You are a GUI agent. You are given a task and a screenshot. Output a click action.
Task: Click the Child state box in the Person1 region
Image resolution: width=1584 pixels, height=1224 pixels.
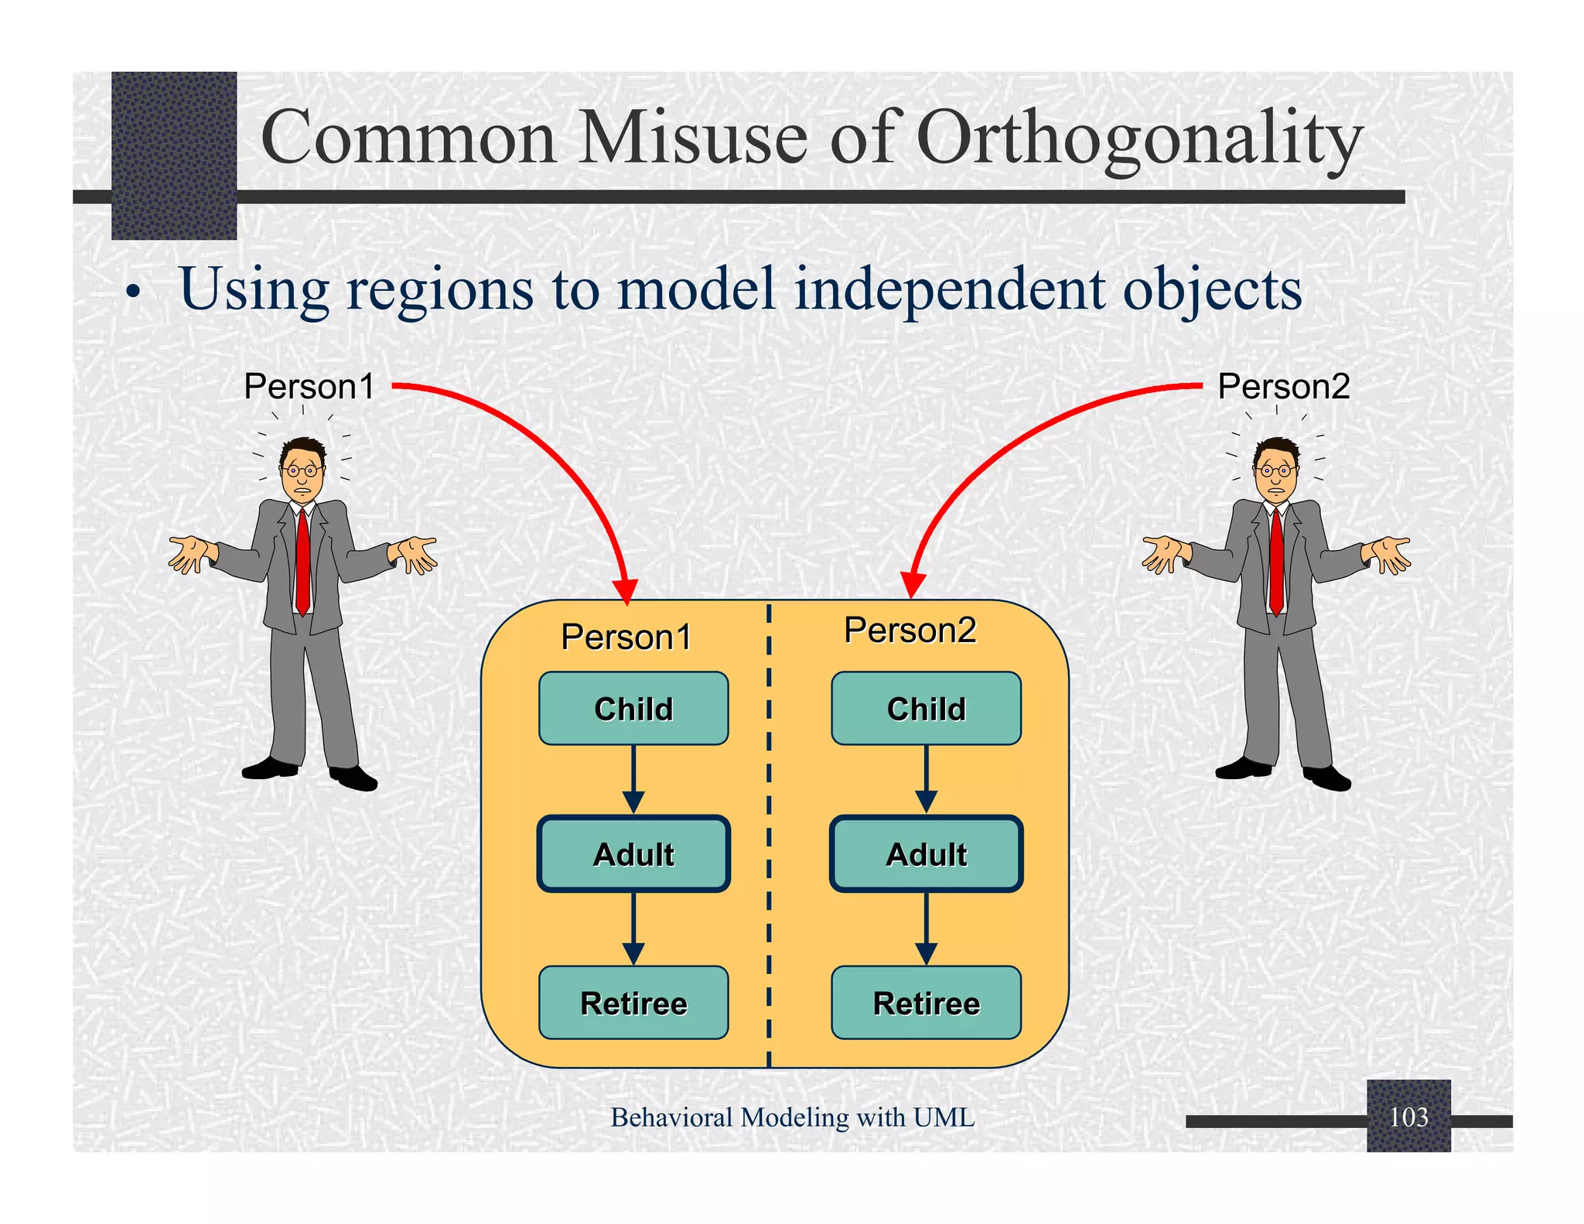633,709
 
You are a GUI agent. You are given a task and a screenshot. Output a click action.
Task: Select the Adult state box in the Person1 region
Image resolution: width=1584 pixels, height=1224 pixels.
633,854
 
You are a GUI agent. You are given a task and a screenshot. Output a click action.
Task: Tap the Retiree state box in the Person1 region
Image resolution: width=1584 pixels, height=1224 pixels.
633,1003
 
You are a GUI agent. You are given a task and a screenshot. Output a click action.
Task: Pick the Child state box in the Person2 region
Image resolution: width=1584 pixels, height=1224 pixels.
926,709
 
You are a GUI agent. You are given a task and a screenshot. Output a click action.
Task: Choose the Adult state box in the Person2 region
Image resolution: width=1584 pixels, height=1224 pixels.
926,854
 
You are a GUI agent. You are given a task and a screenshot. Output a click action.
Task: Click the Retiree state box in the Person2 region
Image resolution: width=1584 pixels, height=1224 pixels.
926,1003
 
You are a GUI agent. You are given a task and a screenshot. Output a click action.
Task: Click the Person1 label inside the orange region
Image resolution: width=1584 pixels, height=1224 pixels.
626,638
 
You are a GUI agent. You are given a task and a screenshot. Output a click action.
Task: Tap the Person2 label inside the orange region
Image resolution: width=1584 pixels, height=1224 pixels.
910,630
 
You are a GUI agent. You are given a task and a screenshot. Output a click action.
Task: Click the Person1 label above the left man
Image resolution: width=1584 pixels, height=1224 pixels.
309,386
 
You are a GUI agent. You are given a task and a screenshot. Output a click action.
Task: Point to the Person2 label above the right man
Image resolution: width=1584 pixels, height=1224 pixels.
1283,386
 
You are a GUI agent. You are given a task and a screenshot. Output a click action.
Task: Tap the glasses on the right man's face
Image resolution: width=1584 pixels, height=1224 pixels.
1276,470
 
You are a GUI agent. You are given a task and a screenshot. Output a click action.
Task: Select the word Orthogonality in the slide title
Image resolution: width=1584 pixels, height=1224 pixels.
1138,138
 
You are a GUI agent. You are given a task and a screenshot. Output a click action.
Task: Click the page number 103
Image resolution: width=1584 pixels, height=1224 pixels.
1408,1116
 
